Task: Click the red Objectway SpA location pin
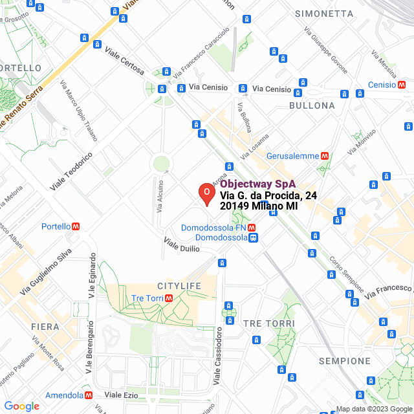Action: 206,193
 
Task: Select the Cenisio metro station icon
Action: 402,85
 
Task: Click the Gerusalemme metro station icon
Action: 325,156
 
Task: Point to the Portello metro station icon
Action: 76,226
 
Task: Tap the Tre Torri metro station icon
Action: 168,298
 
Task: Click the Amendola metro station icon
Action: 89,395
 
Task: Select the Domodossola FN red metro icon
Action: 252,228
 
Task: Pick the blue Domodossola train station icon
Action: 254,238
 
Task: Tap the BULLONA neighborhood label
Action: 312,105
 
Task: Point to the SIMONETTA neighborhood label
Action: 324,14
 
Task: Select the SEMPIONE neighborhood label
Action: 345,361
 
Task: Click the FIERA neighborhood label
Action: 45,327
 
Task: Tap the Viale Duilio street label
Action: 182,246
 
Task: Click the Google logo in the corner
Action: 21,406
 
